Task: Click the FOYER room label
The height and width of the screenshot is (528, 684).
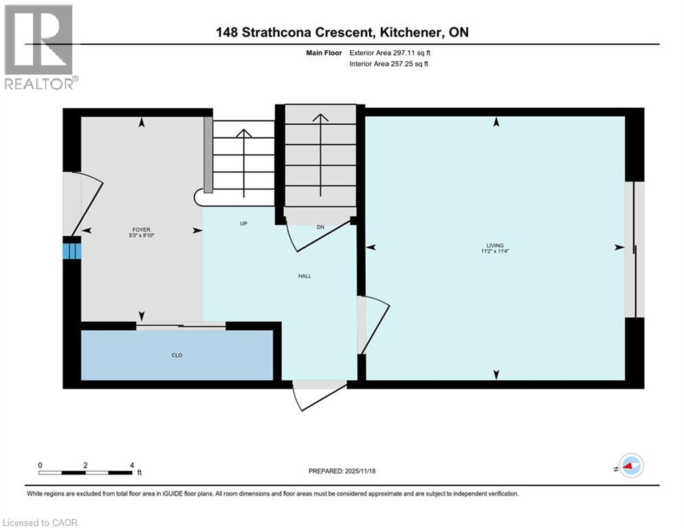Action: pyautogui.click(x=142, y=230)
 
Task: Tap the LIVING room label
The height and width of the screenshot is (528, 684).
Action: pyautogui.click(x=495, y=245)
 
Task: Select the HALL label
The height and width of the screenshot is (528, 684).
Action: pyautogui.click(x=305, y=276)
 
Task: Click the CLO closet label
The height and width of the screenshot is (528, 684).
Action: pyautogui.click(x=177, y=355)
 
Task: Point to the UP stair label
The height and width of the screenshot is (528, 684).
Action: pyautogui.click(x=243, y=223)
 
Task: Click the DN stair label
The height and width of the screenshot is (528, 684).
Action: pyautogui.click(x=320, y=227)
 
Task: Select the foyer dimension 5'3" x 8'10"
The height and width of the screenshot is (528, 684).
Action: pyautogui.click(x=142, y=236)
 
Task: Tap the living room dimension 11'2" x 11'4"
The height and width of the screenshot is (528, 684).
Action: pyautogui.click(x=495, y=252)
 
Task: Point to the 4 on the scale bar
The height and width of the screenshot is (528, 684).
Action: pyautogui.click(x=131, y=465)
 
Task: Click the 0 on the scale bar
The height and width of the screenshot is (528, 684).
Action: pyautogui.click(x=41, y=465)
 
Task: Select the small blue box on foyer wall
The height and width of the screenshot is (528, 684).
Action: pyautogui.click(x=72, y=248)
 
